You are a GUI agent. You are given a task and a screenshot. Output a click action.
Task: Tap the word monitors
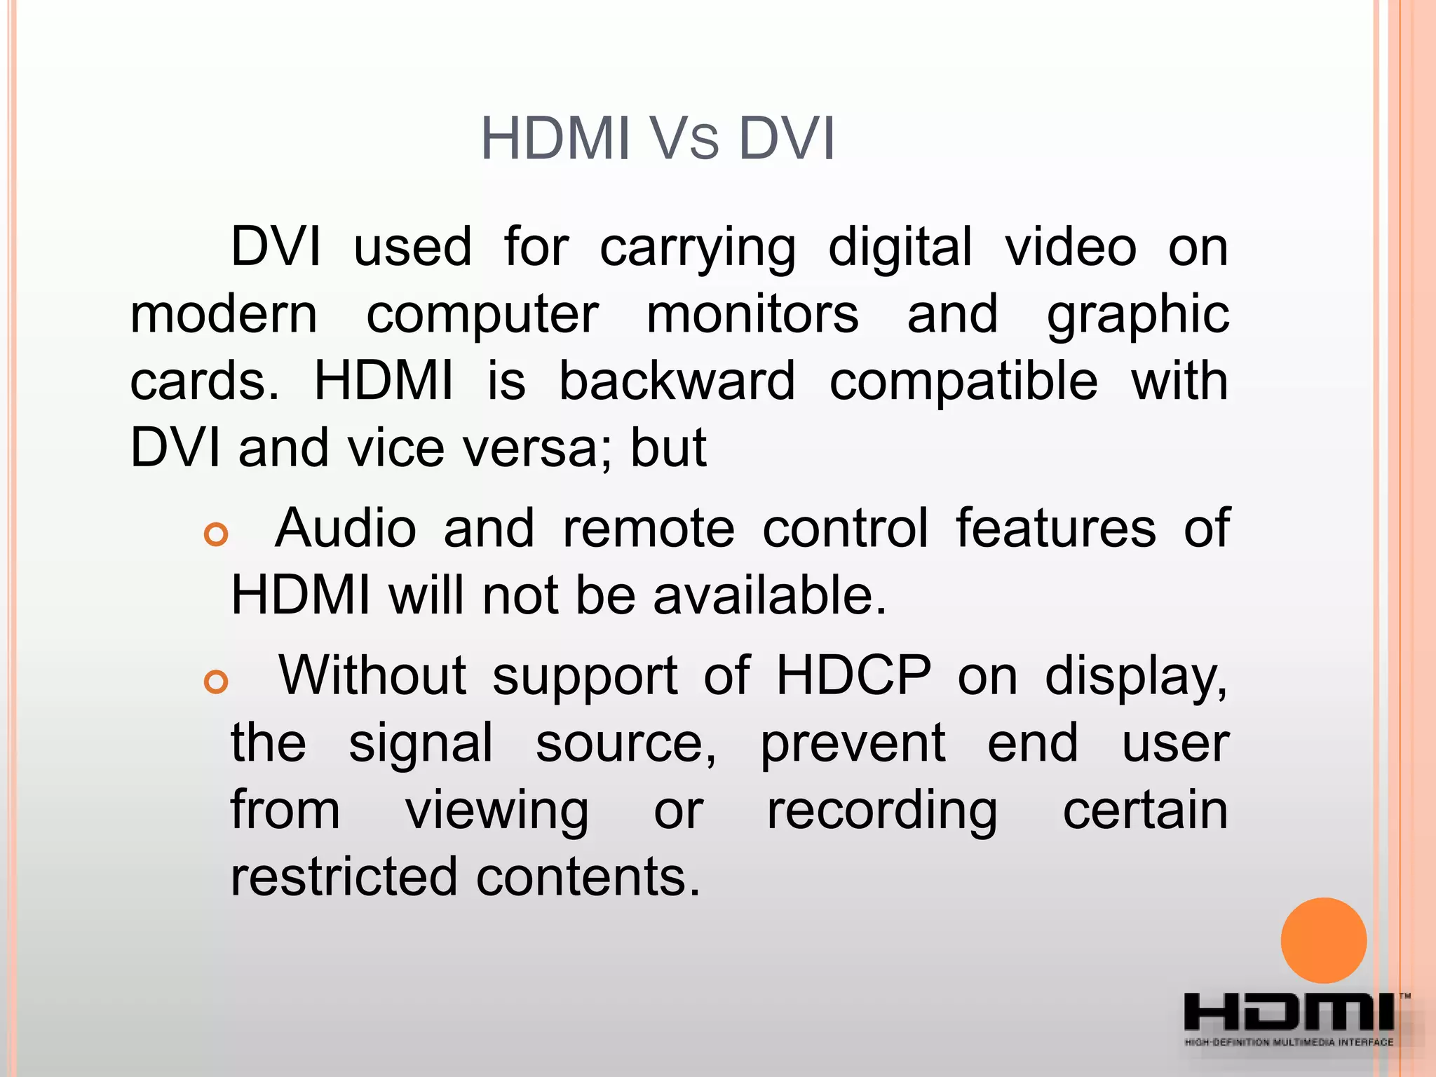point(752,314)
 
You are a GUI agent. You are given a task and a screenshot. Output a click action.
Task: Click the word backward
point(677,381)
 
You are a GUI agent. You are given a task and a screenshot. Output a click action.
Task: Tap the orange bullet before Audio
point(216,534)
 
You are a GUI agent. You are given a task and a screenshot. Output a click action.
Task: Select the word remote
point(649,528)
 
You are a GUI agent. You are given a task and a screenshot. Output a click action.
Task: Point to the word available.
point(770,595)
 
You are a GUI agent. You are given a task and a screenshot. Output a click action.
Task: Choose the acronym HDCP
point(853,675)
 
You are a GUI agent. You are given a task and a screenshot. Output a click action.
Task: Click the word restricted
point(343,876)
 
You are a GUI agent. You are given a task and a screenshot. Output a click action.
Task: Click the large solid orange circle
point(1323,940)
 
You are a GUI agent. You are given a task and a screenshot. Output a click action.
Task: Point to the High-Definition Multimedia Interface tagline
point(1289,1043)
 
